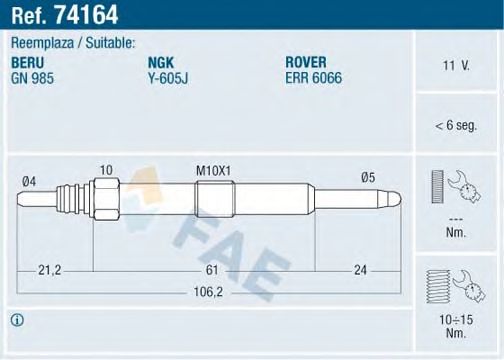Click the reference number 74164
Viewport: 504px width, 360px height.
point(84,13)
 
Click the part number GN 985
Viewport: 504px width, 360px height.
point(32,77)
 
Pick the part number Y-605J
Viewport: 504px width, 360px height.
point(167,77)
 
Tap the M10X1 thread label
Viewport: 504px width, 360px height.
point(213,171)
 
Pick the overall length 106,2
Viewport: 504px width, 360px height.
point(207,293)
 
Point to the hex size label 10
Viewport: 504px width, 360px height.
point(106,171)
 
